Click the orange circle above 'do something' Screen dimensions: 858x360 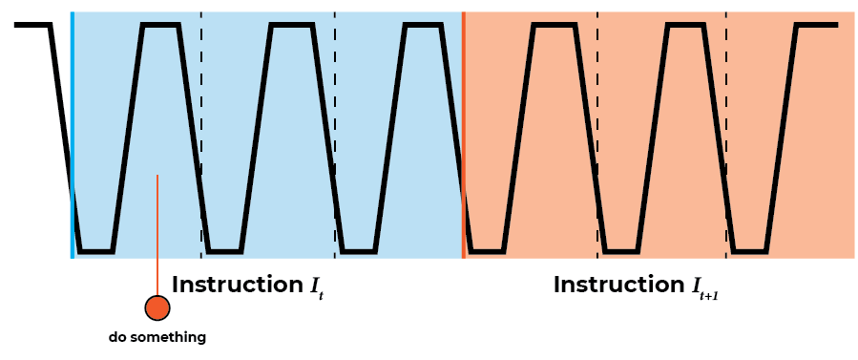[x=157, y=307]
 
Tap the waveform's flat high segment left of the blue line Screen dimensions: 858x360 [x=32, y=25]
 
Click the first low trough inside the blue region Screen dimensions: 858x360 [x=95, y=252]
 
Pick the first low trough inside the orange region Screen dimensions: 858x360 [x=487, y=252]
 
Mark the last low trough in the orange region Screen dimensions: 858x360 [x=750, y=252]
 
